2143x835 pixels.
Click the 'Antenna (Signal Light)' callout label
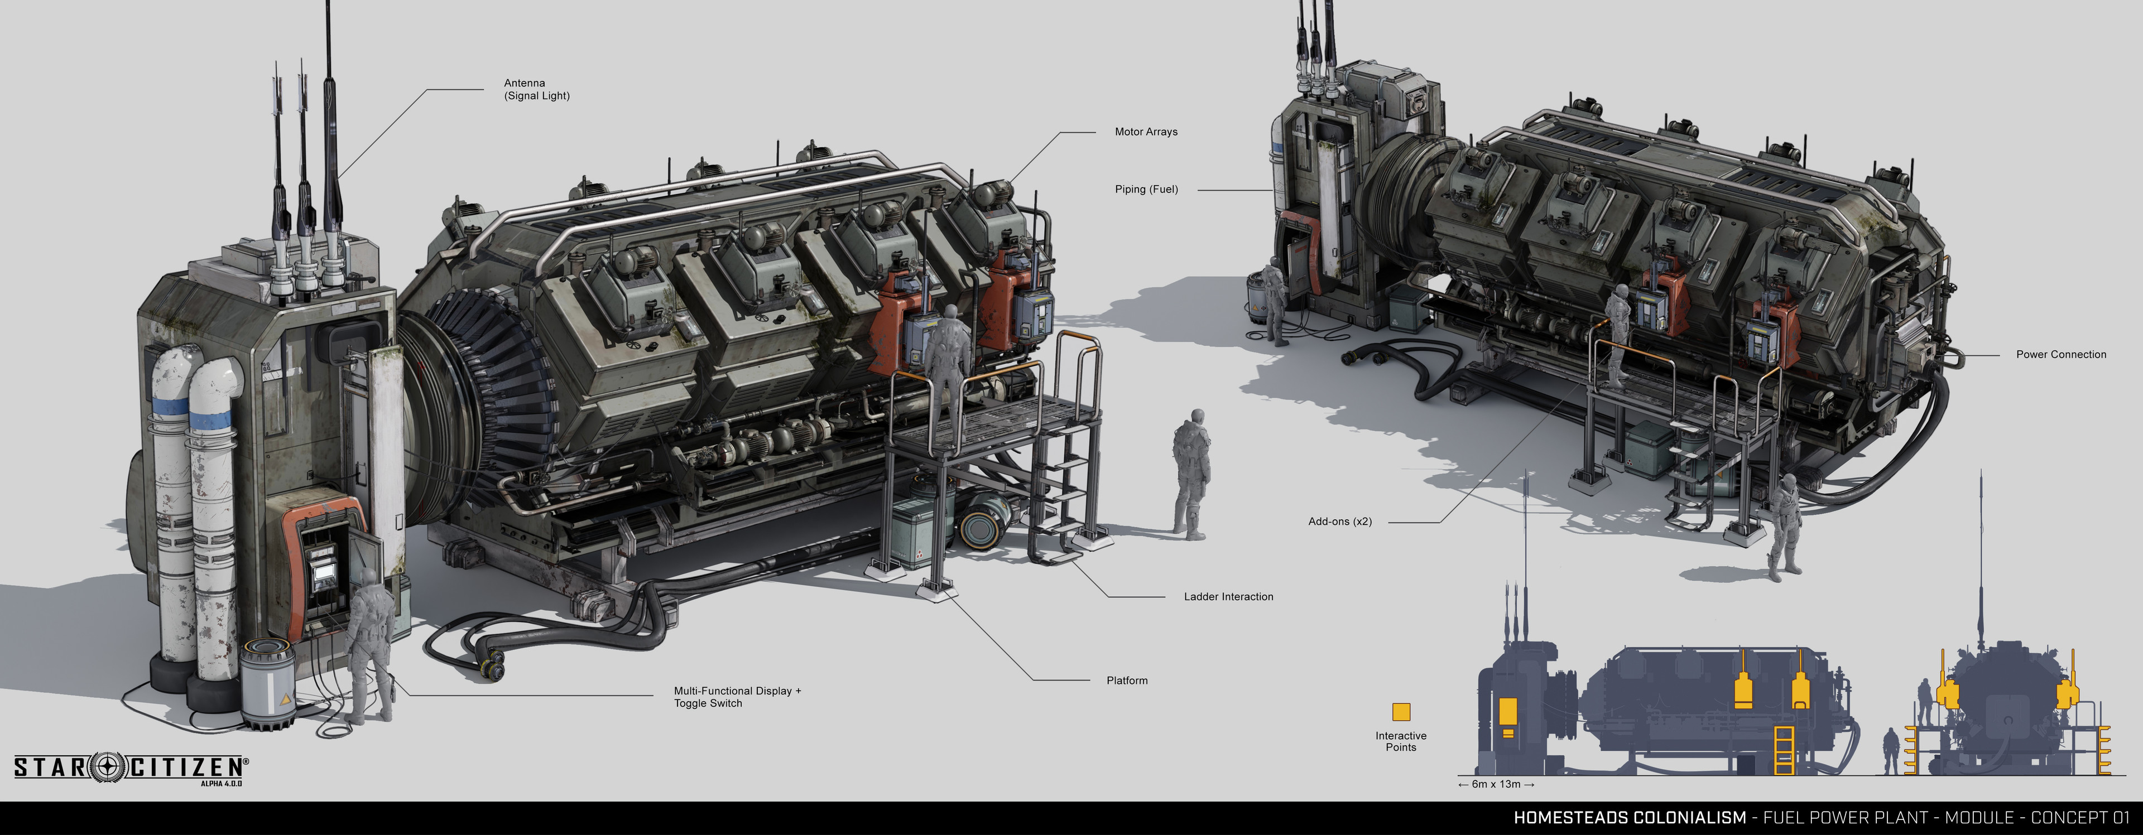(536, 89)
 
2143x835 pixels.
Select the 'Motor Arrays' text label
(1146, 132)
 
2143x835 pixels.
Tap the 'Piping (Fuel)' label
(1146, 190)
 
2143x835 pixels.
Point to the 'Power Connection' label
(2060, 354)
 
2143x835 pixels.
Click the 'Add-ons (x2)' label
(1339, 522)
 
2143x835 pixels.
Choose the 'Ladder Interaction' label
(1228, 596)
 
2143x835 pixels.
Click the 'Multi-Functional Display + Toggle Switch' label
(737, 697)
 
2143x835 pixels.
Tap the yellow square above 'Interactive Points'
(1401, 712)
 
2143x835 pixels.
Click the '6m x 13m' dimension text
(1496, 784)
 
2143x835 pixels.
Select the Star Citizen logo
(131, 767)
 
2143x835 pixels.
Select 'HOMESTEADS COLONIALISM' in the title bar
(1630, 818)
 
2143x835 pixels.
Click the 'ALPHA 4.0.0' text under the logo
(222, 784)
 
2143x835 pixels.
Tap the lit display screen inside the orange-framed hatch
(319, 566)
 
